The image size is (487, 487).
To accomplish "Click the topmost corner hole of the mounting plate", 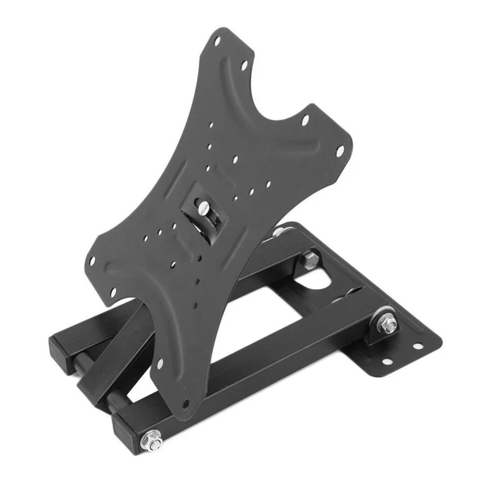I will tap(217, 43).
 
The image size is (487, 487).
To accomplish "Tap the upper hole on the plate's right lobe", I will tap(305, 119).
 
